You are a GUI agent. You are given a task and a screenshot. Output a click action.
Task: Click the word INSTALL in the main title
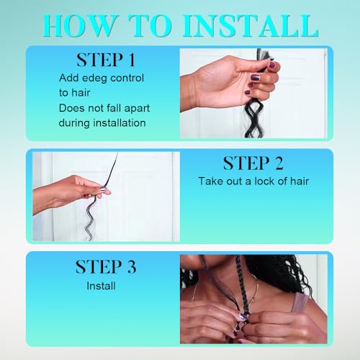pyautogui.click(x=251, y=26)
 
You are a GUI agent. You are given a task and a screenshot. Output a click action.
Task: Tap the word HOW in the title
pyautogui.click(x=79, y=26)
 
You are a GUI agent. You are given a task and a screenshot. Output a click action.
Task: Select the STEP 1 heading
pyautogui.click(x=106, y=60)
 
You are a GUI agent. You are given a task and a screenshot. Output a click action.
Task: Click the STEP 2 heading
pyautogui.click(x=253, y=163)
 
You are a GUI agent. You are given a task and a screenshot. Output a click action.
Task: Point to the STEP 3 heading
pyautogui.click(x=106, y=266)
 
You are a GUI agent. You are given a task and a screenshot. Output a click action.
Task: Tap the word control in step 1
pyautogui.click(x=127, y=78)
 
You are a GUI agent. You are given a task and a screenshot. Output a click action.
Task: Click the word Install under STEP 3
pyautogui.click(x=101, y=286)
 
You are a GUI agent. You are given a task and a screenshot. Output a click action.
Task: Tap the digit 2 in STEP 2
pyautogui.click(x=279, y=163)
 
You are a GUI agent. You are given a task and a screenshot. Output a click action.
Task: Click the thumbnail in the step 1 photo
pyautogui.click(x=273, y=65)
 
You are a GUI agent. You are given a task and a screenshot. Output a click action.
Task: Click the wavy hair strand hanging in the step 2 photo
pyautogui.click(x=91, y=217)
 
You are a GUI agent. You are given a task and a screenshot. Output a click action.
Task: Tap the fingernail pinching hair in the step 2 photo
pyautogui.click(x=104, y=189)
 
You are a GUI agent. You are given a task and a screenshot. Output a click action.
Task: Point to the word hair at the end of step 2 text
pyautogui.click(x=300, y=181)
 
